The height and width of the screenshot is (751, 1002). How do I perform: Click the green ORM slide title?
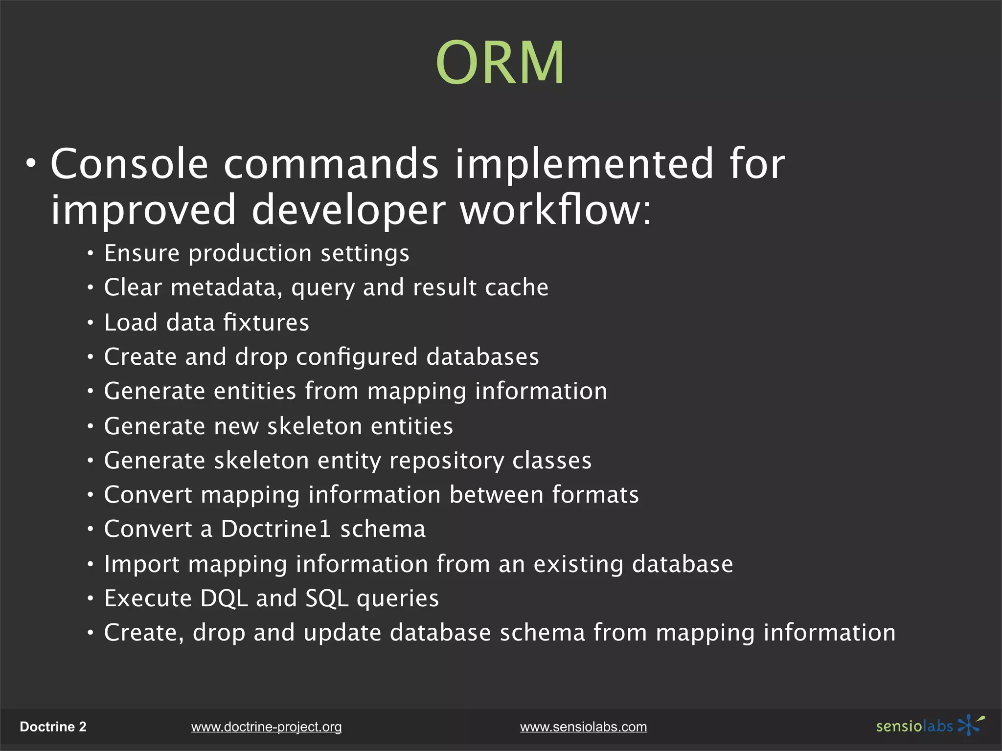pos(500,63)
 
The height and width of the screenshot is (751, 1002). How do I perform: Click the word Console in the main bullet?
pos(130,164)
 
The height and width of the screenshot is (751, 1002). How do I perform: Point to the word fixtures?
pos(266,323)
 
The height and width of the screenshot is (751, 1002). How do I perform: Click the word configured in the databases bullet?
pos(357,357)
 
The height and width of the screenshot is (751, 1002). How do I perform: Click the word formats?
pos(595,495)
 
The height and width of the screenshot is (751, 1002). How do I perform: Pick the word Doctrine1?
pos(276,529)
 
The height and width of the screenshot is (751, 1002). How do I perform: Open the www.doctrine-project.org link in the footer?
pos(266,727)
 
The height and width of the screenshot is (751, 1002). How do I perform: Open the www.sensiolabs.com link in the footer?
pos(583,727)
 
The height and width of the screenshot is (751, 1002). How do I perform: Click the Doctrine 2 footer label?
pos(53,727)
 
